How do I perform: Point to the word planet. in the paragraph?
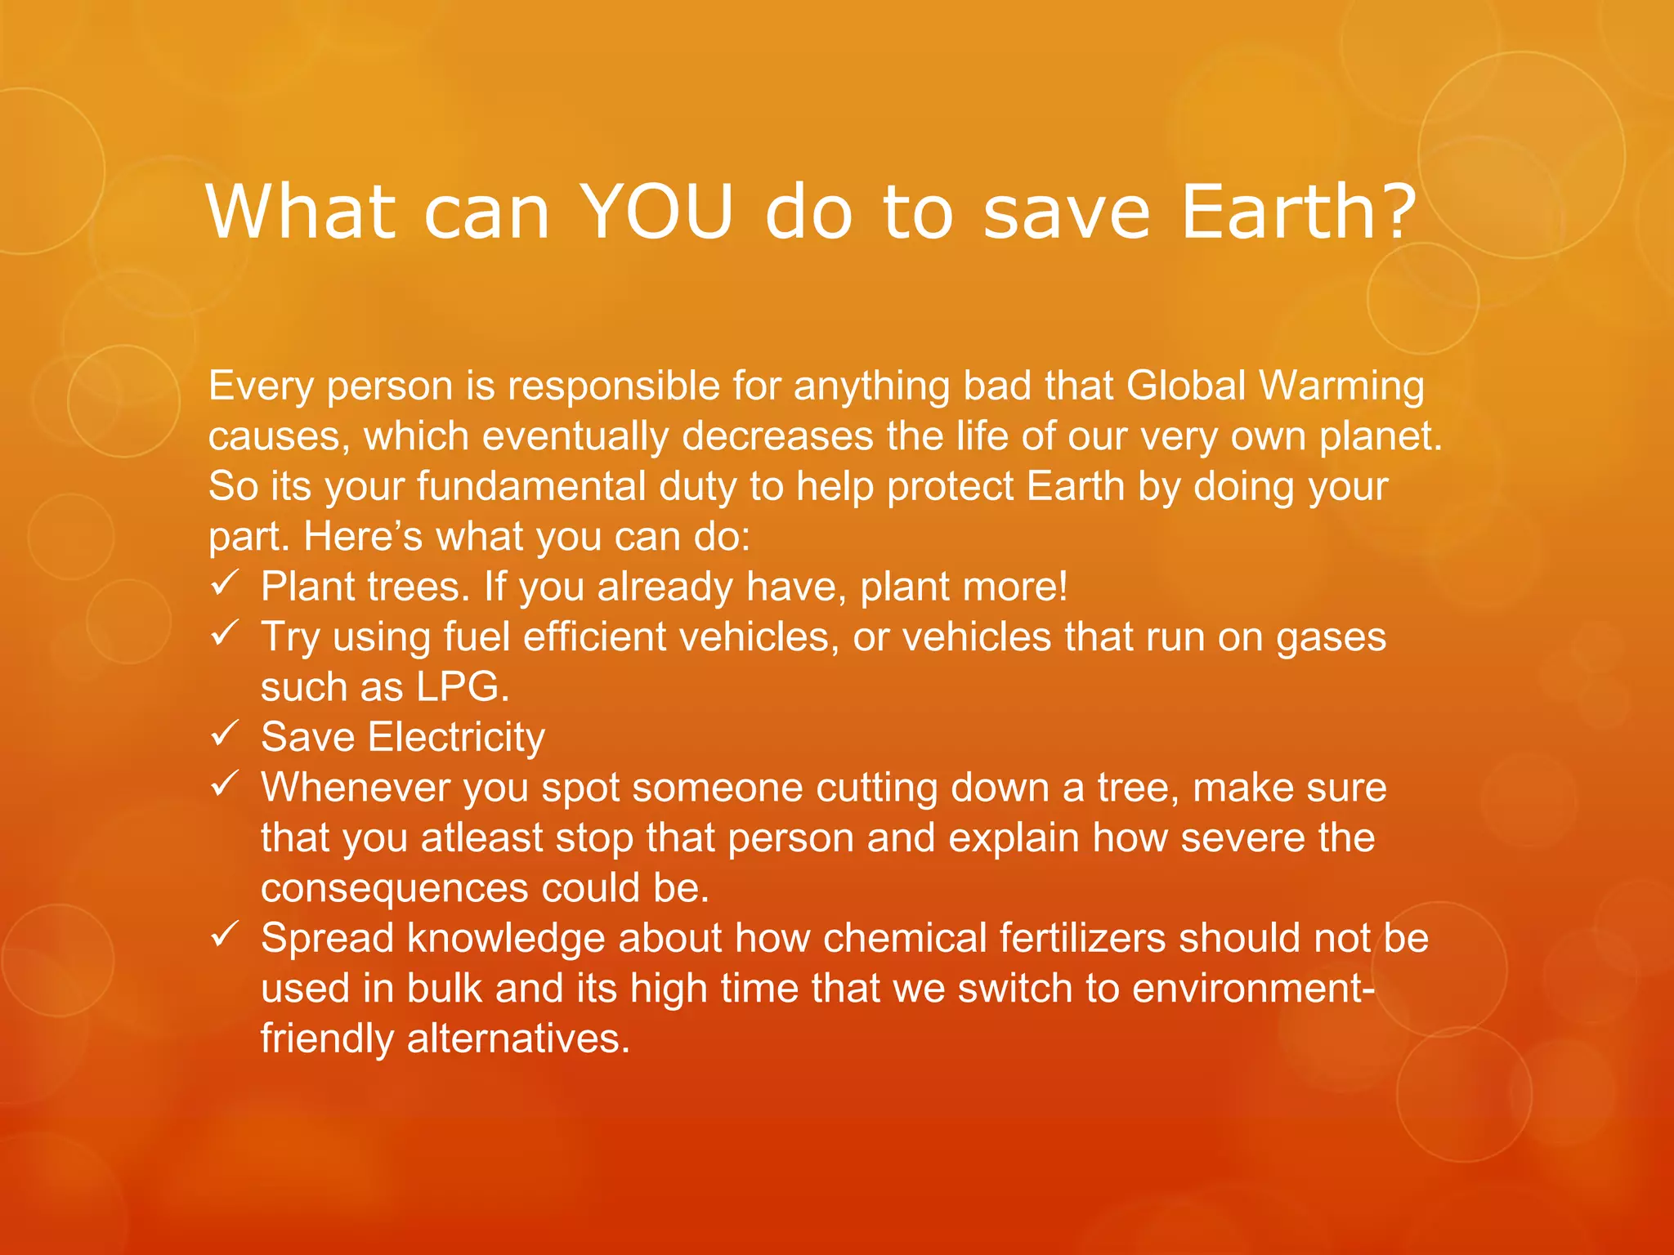(x=1381, y=436)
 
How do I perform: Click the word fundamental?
(x=531, y=486)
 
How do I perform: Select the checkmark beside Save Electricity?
(x=224, y=733)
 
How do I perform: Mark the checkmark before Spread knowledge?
(x=224, y=934)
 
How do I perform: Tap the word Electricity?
(x=456, y=738)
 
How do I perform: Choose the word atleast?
(x=482, y=838)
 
